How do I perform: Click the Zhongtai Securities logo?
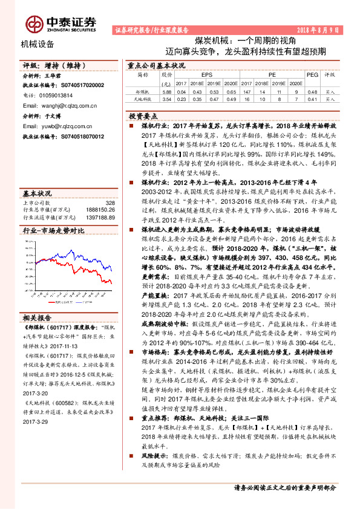61,23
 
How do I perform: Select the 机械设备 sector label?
38,44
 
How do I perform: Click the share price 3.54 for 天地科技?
167,98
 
